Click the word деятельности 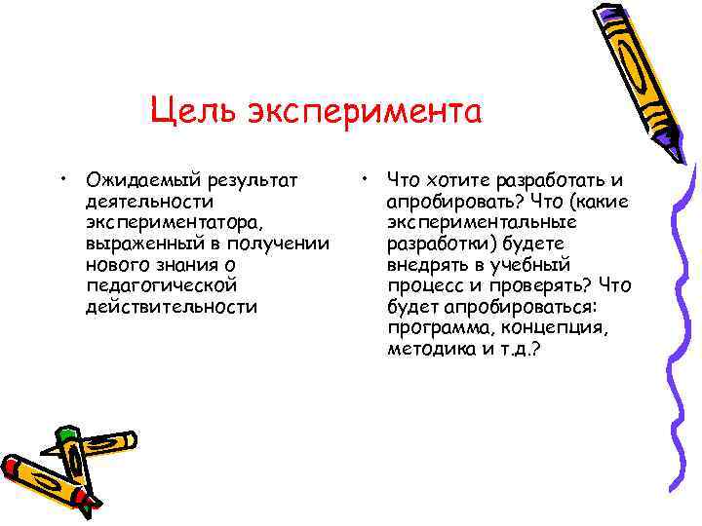click(x=149, y=202)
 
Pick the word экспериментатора click(x=173, y=222)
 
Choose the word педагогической click(x=161, y=285)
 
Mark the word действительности click(x=172, y=307)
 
